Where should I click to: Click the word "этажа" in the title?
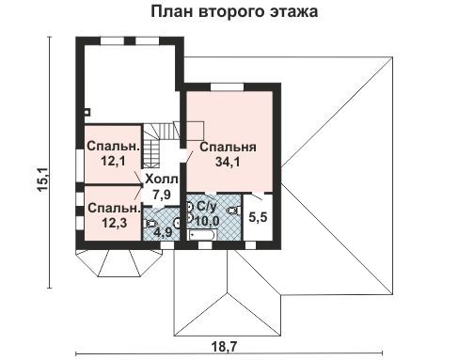pos(293,12)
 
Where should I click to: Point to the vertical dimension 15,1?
pos(42,179)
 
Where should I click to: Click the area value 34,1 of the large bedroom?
pos(228,162)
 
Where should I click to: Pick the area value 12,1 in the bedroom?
pos(113,161)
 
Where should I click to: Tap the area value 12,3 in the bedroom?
pos(114,223)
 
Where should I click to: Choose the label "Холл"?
pos(162,180)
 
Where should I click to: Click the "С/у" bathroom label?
pos(207,206)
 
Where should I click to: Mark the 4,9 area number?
pos(162,232)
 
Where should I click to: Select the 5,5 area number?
pos(258,217)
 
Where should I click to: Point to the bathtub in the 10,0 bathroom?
pos(201,235)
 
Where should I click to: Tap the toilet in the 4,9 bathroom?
pos(150,224)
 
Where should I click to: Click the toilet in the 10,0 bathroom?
pos(234,211)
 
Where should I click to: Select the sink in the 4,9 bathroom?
pos(178,223)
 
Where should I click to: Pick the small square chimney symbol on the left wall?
pos(87,112)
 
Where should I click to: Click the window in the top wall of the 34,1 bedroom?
pos(227,86)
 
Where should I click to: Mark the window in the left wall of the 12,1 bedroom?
pos(80,166)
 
